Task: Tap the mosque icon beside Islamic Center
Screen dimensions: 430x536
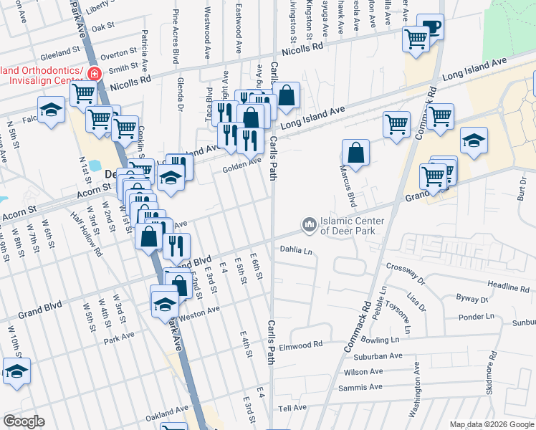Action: tap(310, 225)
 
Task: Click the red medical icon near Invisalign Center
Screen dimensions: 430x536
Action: tap(94, 73)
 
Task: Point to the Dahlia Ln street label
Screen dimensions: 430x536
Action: tap(297, 251)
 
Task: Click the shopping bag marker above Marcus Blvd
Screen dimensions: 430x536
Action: tap(355, 153)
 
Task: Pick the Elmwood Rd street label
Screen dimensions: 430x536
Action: tap(301, 345)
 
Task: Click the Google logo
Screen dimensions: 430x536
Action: tap(24, 421)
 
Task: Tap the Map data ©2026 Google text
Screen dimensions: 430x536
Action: tap(491, 424)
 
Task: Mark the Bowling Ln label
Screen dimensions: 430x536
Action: tap(381, 339)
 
